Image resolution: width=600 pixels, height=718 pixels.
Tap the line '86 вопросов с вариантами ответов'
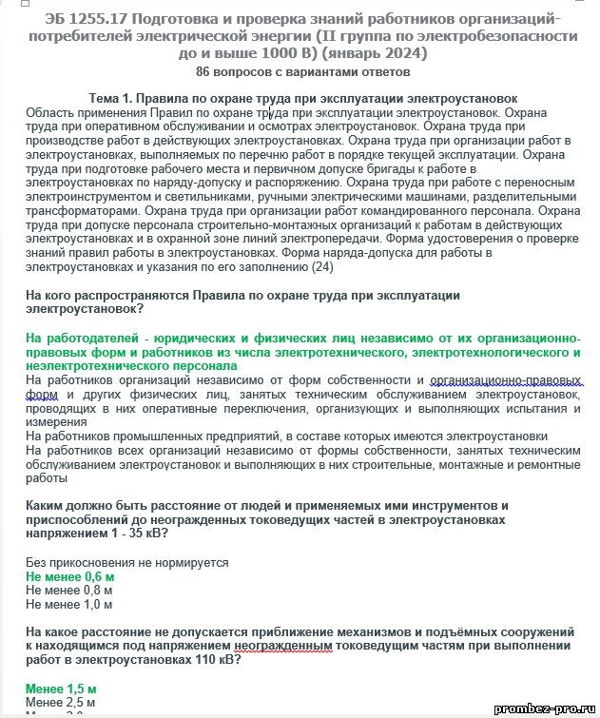[302, 72]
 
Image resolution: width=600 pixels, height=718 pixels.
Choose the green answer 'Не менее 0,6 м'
[70, 577]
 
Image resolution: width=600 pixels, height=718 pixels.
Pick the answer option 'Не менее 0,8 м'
[69, 591]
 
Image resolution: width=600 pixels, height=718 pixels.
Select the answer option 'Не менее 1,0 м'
[69, 604]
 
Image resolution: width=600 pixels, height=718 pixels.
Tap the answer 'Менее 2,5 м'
[61, 703]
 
